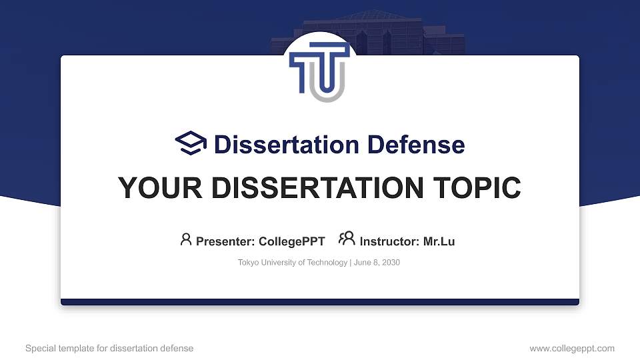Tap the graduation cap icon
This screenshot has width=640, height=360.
tap(191, 143)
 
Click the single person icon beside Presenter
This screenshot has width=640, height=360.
tap(186, 239)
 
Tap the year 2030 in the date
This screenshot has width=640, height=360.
tap(390, 263)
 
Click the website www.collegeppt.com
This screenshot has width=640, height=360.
tap(572, 348)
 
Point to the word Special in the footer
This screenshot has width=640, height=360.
tap(39, 348)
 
